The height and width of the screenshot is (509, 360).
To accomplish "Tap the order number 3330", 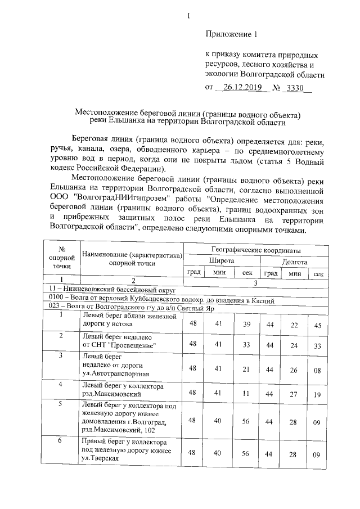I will point(295,88).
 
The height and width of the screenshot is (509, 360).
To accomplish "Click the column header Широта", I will point(222,262).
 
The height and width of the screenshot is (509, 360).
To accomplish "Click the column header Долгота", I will point(294,262).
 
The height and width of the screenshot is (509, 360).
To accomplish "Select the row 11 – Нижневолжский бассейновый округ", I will point(112,290).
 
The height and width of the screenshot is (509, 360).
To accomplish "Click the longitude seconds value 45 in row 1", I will point(318,326).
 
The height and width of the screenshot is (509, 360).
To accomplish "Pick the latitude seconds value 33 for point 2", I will point(246,344).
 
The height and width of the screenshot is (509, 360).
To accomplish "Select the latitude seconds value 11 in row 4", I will point(246,394).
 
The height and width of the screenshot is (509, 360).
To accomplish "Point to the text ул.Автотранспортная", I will point(115,372).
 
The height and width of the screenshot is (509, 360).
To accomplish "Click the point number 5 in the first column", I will point(61,404).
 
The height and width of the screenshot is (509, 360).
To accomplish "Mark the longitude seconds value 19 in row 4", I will point(318,395).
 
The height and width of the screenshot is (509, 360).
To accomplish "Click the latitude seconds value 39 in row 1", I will point(246,325).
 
